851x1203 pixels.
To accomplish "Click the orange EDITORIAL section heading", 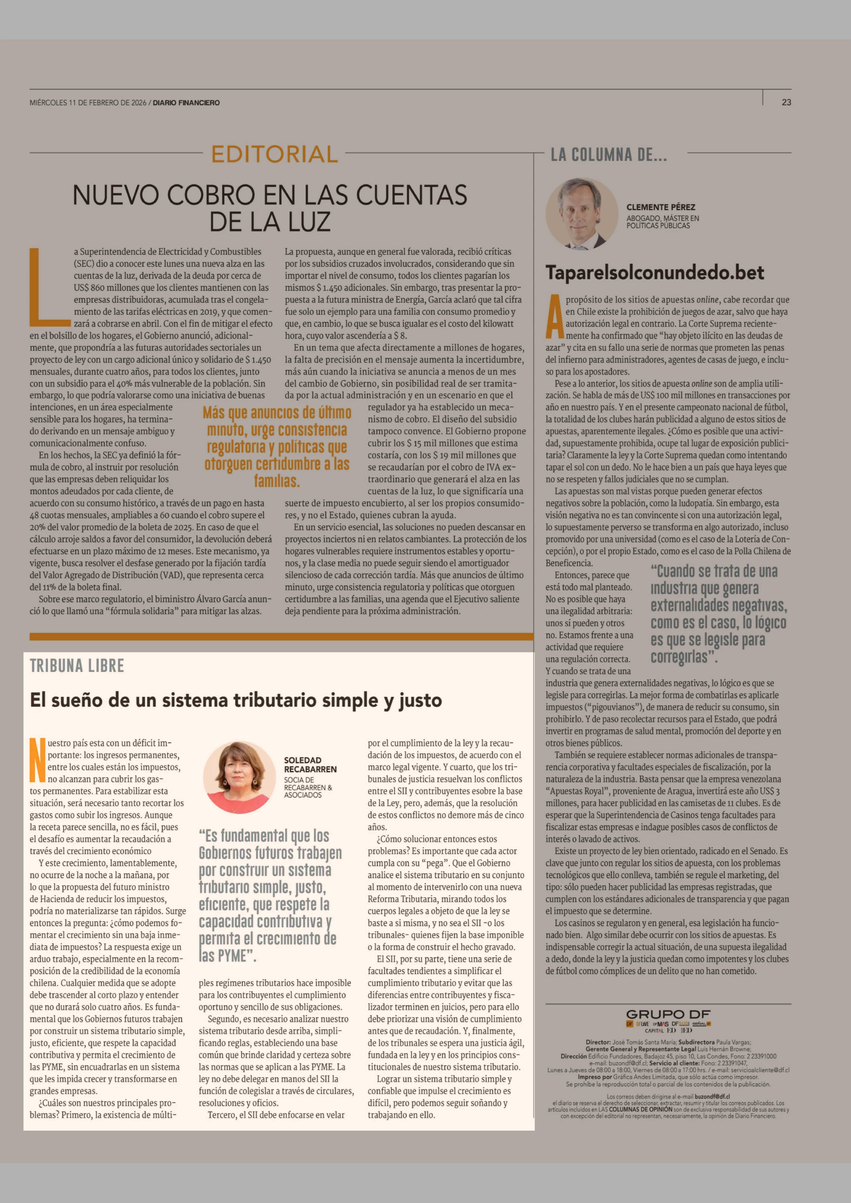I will point(275,154).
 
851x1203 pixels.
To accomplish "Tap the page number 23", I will point(786,102).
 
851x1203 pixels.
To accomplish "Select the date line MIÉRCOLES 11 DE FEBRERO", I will point(88,103).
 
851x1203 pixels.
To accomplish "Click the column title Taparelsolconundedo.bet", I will point(655,272).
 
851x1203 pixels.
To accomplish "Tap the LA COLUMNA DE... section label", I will point(608,155).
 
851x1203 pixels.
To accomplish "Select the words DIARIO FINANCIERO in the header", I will point(186,103).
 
